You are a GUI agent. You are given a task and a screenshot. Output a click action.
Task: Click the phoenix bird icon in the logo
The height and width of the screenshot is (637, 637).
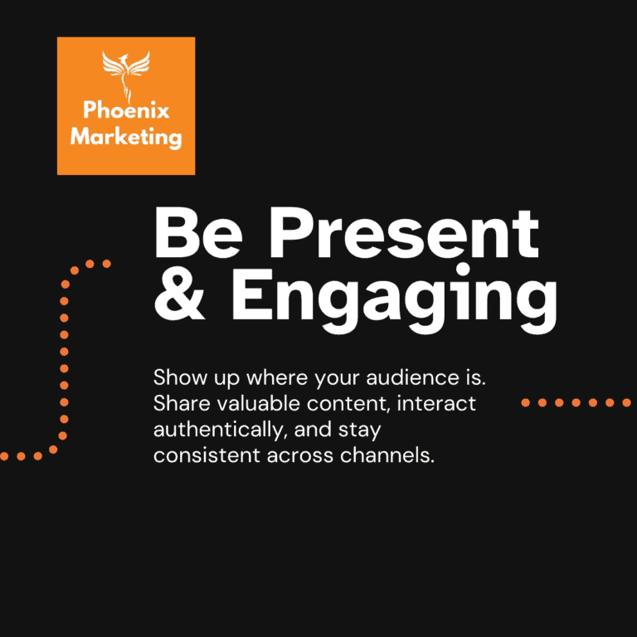[125, 75]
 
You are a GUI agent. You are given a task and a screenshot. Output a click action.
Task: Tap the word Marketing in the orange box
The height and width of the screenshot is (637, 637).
[126, 135]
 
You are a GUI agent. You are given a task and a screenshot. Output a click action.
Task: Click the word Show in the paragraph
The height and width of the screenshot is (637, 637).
[176, 378]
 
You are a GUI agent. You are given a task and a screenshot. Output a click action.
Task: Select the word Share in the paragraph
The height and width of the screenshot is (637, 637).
[176, 404]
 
